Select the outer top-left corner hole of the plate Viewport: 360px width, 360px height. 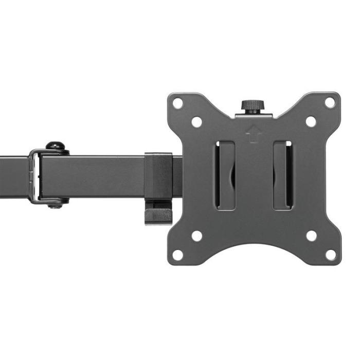point(177,102)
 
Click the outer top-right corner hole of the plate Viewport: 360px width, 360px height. point(330,102)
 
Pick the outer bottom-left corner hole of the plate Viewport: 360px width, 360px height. point(177,255)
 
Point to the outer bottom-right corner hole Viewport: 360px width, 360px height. point(330,255)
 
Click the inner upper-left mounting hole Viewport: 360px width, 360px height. point(196,122)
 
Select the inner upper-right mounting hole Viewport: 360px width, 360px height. point(311,122)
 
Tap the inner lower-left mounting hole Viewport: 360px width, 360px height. point(196,236)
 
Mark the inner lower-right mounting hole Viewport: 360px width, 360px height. point(311,236)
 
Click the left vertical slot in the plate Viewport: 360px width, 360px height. point(225,175)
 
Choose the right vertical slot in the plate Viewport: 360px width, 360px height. point(282,175)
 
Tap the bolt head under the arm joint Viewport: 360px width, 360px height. point(56,204)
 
